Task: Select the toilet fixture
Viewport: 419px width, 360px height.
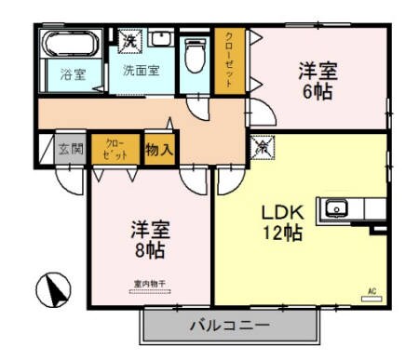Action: pos(194,58)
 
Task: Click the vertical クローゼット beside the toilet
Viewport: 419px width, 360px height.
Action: pos(224,60)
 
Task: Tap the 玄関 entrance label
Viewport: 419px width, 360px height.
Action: pos(71,149)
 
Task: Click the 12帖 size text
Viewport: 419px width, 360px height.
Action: pos(281,233)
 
